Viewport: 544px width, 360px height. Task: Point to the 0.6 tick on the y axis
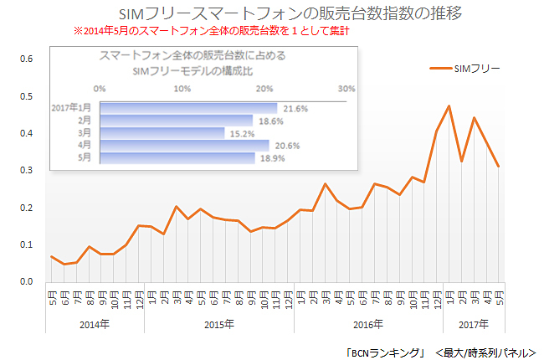pyautogui.click(x=26, y=59)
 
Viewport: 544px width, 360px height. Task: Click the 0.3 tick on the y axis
pyautogui.click(x=26, y=171)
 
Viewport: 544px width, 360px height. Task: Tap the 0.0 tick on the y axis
pyautogui.click(x=26, y=282)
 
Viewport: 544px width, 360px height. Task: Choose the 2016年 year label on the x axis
pyautogui.click(x=367, y=323)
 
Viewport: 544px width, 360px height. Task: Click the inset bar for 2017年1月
pyautogui.click(x=188, y=108)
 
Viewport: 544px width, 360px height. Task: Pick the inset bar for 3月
pyautogui.click(x=162, y=132)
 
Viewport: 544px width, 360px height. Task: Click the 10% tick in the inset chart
pyautogui.click(x=182, y=88)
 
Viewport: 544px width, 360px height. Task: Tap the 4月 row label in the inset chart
pyautogui.click(x=84, y=145)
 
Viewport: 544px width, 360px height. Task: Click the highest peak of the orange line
pyautogui.click(x=449, y=106)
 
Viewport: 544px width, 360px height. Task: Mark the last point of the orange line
pyautogui.click(x=499, y=166)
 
